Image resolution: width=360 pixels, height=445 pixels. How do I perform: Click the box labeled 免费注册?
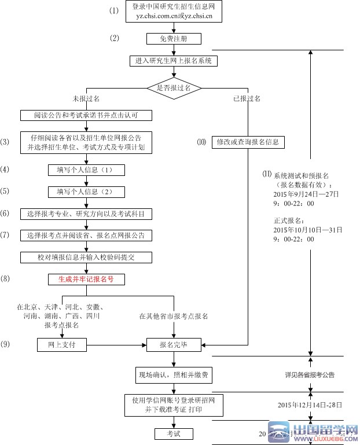click(174, 39)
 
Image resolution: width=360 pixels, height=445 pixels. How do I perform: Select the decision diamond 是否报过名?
click(174, 88)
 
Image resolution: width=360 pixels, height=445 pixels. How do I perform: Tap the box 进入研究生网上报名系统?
click(174, 61)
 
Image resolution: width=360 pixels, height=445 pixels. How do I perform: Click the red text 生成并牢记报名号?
click(86, 279)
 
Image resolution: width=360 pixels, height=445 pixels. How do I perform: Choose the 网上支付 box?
click(61, 345)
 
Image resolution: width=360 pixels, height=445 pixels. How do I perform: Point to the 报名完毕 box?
click(174, 345)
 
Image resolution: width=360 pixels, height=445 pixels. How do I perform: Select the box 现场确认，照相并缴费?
click(174, 375)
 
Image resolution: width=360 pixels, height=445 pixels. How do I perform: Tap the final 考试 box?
click(174, 433)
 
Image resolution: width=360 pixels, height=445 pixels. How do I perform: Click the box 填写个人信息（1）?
click(86, 170)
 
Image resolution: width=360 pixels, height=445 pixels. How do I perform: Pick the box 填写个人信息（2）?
click(86, 192)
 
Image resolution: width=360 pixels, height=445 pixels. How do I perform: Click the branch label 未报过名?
click(86, 99)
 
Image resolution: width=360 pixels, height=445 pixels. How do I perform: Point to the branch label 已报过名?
click(247, 99)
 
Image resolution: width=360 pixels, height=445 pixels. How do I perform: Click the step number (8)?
click(5, 279)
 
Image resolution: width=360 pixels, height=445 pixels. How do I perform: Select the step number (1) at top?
click(114, 11)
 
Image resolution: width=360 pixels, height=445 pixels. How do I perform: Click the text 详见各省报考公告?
click(310, 375)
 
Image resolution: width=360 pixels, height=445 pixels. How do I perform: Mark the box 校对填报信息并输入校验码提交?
click(86, 257)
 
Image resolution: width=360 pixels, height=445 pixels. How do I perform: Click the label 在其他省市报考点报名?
click(174, 317)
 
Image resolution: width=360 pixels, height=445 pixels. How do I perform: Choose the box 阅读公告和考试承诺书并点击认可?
click(86, 115)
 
